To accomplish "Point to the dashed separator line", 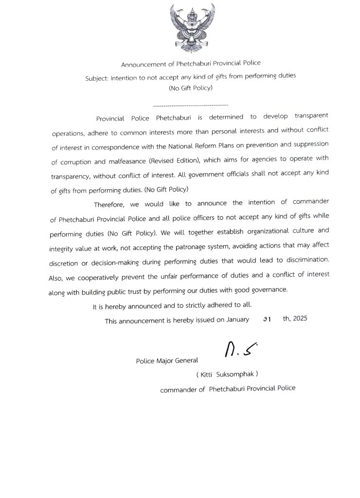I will click(x=190, y=105).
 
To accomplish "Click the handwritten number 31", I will click(x=267, y=320).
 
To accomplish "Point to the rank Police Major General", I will click(x=167, y=360).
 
